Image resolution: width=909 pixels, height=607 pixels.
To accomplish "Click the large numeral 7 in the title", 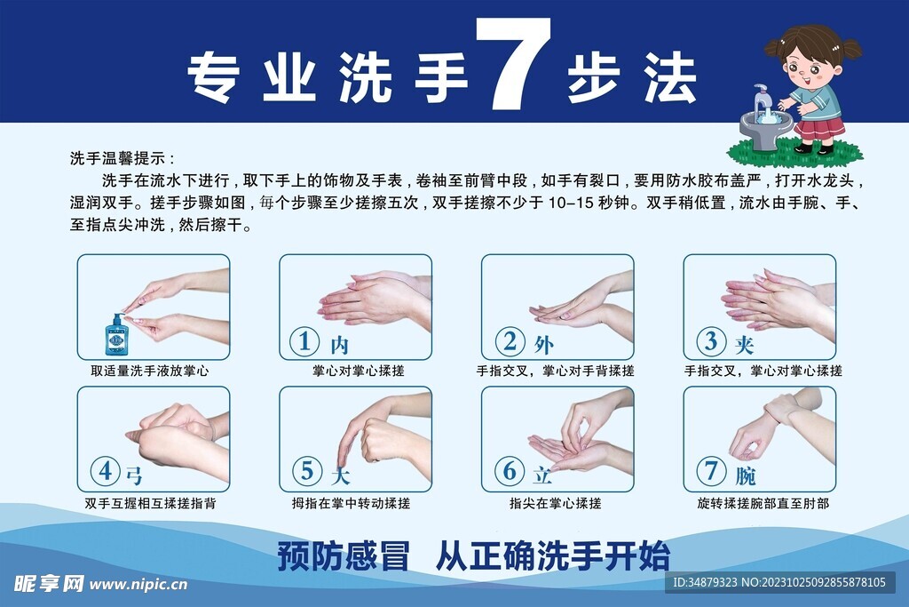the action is tap(514, 64).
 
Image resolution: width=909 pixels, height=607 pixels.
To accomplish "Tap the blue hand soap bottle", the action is tap(116, 335).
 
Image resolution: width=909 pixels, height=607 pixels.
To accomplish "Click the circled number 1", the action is tap(304, 342).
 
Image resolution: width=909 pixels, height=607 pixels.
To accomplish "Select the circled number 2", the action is tap(510, 341).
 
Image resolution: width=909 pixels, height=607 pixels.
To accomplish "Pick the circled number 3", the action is tap(711, 341).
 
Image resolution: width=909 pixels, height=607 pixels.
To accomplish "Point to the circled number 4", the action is tap(105, 471).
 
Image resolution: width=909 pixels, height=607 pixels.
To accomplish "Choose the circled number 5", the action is tap(306, 471).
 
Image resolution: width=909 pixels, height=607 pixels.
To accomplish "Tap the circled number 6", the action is tap(510, 471).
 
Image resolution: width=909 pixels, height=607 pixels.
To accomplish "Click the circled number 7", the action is tap(711, 471).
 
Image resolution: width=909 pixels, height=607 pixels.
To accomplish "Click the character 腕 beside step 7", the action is tap(746, 475).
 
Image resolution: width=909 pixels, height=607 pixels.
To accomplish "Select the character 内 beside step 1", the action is tap(340, 346).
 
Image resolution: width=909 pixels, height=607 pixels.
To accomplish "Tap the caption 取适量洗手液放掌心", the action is tap(149, 371).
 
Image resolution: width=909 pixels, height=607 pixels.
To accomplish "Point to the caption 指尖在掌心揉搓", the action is tap(555, 503).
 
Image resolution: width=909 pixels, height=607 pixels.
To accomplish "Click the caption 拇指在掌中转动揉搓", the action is tap(351, 503).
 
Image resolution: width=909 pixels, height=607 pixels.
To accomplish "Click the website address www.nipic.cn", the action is tap(138, 585).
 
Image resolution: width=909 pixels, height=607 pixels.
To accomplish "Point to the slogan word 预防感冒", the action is tap(344, 556).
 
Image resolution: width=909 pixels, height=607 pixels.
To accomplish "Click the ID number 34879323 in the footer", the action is tap(704, 582).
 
